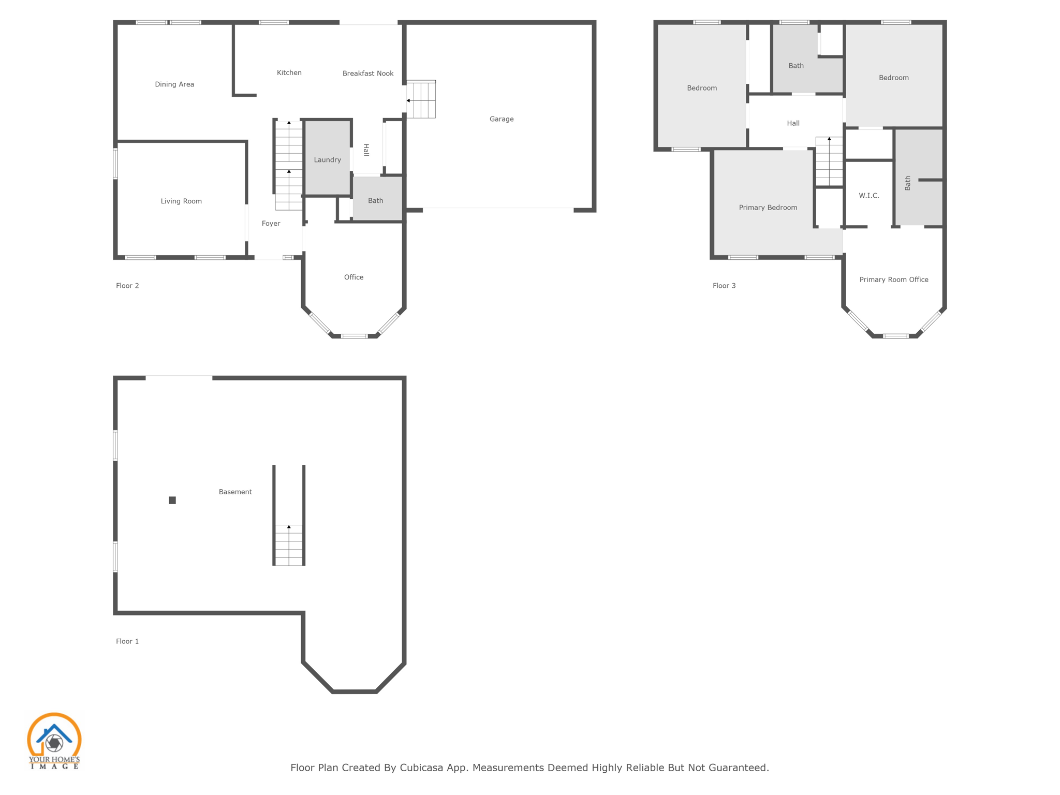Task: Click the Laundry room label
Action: [327, 160]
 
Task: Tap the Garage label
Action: [501, 119]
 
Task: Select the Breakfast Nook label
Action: [367, 73]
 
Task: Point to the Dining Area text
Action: [174, 84]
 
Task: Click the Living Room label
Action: [181, 201]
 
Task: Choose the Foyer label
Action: [271, 224]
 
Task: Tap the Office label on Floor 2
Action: [354, 277]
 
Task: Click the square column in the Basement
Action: [172, 500]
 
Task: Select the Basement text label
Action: [235, 492]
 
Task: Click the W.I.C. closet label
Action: [868, 196]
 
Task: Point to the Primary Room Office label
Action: [893, 279]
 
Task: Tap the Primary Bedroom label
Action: [768, 208]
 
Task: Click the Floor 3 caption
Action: [724, 286]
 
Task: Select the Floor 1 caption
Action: [127, 641]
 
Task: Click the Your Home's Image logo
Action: [54, 741]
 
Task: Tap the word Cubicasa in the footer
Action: [421, 768]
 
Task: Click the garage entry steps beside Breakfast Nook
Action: [421, 100]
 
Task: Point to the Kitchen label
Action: [289, 73]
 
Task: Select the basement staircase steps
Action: [289, 544]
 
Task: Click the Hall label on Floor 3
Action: [793, 123]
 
